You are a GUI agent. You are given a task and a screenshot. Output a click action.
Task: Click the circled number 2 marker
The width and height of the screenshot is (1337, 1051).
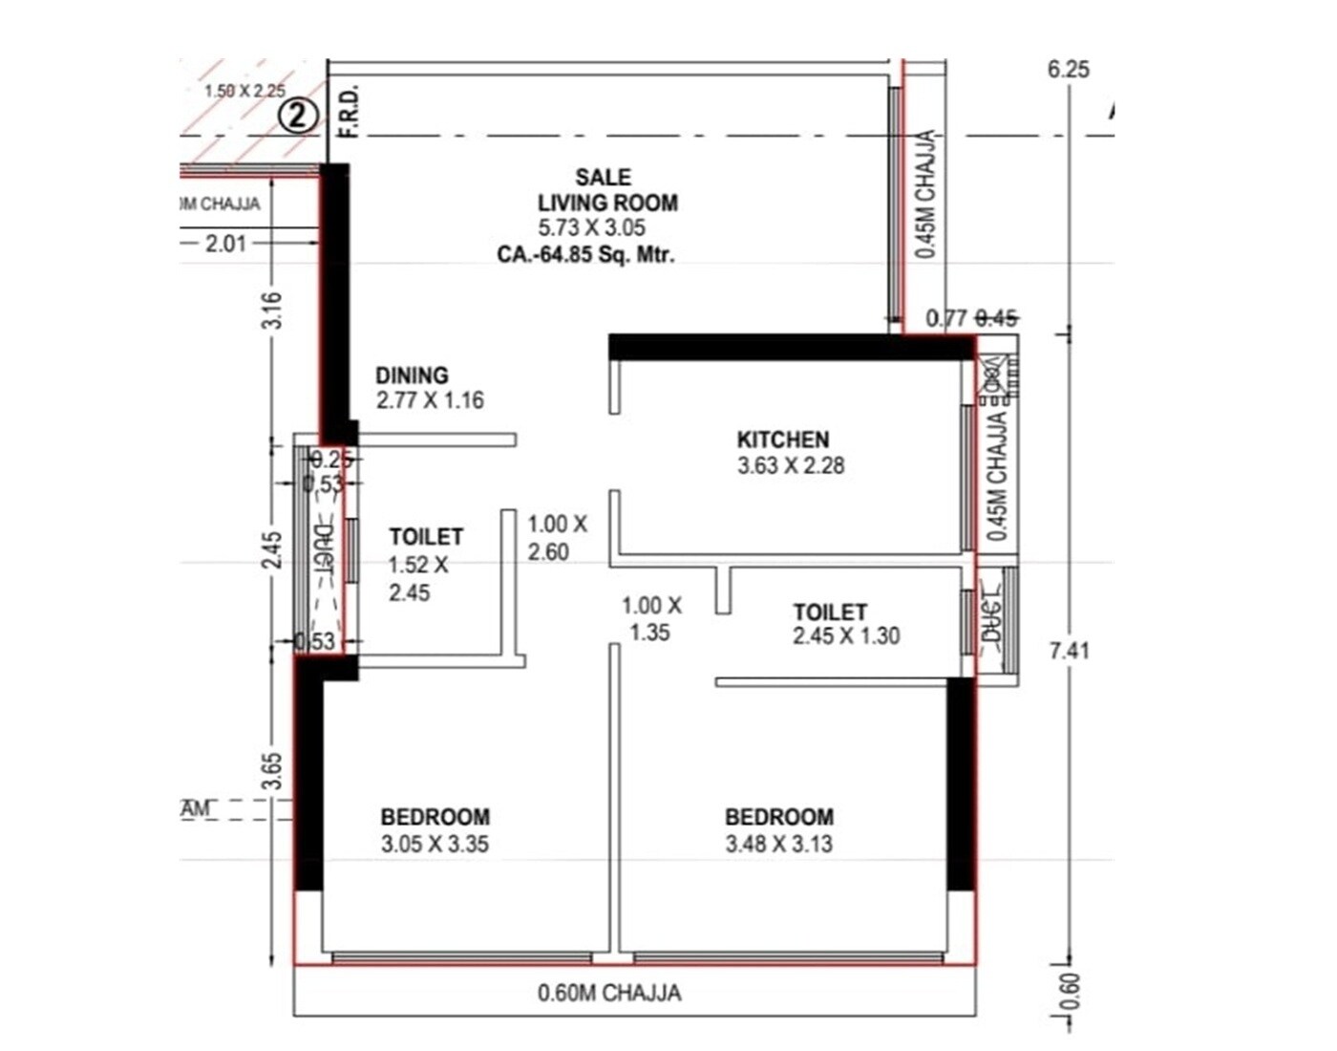(x=298, y=118)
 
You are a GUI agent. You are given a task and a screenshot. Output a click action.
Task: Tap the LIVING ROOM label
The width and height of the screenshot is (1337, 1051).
(x=607, y=203)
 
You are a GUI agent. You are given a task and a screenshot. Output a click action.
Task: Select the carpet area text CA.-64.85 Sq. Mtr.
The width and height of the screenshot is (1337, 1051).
(x=585, y=255)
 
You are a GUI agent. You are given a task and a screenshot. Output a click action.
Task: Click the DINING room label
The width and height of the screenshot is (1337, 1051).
(x=412, y=375)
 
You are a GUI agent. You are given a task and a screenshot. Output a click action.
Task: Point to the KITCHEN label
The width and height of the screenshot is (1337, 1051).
(x=783, y=440)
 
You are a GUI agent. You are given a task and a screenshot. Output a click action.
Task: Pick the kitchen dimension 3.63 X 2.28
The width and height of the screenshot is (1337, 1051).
(x=791, y=466)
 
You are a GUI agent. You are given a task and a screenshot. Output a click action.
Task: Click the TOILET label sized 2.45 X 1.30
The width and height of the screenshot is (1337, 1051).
(x=830, y=611)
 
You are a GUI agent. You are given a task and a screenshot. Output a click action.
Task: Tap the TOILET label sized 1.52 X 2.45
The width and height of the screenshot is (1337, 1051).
(x=426, y=537)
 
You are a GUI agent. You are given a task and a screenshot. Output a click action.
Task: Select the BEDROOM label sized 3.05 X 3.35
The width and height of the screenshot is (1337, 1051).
(x=435, y=817)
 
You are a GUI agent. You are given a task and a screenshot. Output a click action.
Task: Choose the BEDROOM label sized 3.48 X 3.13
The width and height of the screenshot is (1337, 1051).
(x=779, y=817)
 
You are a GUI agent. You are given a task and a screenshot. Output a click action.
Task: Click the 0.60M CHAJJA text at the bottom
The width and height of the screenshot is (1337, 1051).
(x=609, y=994)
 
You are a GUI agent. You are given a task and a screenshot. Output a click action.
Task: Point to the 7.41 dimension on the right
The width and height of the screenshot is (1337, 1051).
(x=1069, y=651)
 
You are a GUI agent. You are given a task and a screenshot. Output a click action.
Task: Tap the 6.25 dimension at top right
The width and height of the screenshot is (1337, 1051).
(x=1068, y=69)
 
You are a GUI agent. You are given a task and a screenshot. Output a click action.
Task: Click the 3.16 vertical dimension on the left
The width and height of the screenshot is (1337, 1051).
(x=273, y=311)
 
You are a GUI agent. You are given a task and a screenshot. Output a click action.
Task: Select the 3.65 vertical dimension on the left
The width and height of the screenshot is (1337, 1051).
(x=273, y=771)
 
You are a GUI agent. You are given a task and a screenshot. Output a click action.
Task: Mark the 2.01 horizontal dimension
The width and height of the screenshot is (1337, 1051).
(x=225, y=244)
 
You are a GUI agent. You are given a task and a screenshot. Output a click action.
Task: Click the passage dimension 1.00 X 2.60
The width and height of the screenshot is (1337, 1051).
(x=556, y=538)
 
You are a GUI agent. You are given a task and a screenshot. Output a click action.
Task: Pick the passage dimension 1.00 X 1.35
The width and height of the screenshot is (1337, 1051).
(x=651, y=618)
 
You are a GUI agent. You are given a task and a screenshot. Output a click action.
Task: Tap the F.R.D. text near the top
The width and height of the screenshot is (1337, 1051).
(x=350, y=111)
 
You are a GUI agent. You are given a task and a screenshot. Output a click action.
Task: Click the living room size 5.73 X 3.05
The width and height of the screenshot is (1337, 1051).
(x=591, y=228)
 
